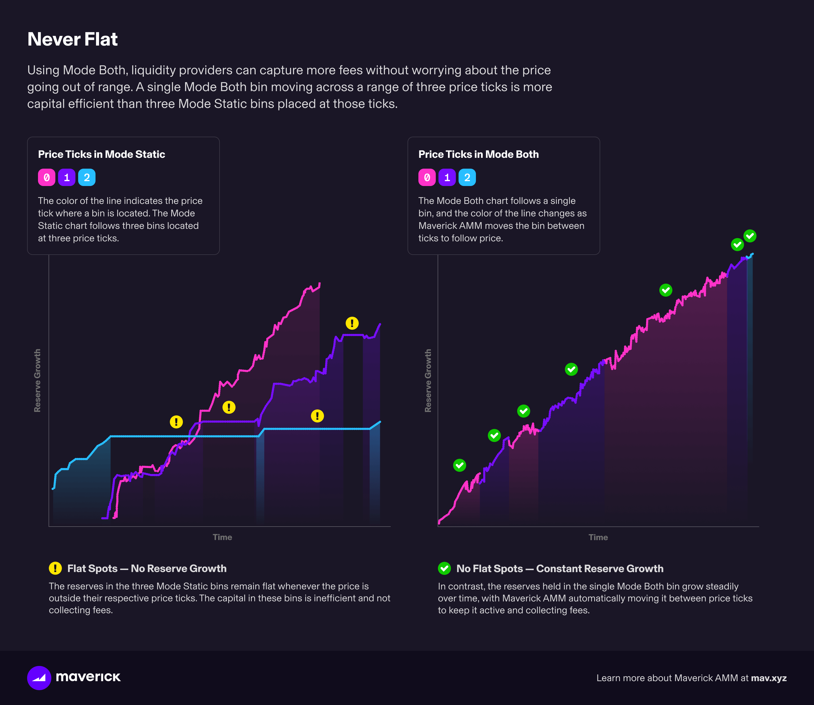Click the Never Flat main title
pos(72,39)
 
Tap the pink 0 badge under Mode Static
pos(46,177)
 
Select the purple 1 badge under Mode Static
pos(66,177)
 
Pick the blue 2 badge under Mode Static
pos(87,177)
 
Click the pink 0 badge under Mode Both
pos(427,177)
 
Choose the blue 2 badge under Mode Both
pos(467,177)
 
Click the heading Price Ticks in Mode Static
pos(101,154)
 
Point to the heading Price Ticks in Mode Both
pos(478,154)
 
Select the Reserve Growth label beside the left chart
pos(37,380)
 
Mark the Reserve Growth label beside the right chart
pos(428,380)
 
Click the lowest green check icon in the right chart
pos(459,465)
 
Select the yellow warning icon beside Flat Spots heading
pos(55,568)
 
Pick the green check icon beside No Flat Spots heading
pos(444,568)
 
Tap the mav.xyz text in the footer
pos(768,678)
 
